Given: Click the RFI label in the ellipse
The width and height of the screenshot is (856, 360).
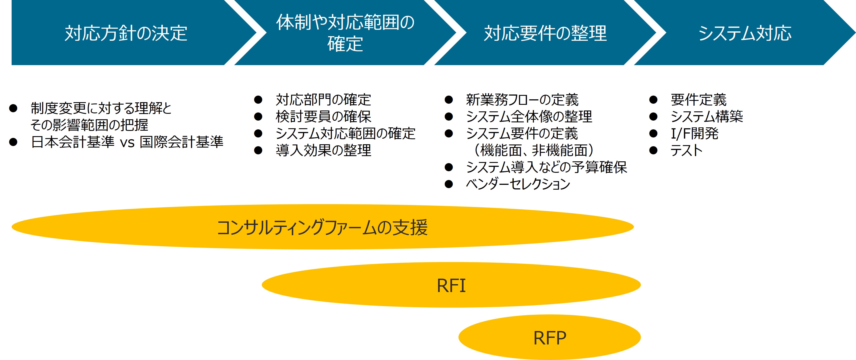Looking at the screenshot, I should tap(451, 285).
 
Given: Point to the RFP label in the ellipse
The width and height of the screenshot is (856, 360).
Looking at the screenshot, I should tap(550, 338).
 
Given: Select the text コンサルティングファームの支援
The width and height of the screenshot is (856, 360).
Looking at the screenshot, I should tap(322, 228).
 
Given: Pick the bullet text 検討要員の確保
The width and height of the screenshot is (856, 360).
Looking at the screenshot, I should tap(323, 117).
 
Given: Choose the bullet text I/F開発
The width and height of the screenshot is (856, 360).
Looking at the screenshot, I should tap(694, 134).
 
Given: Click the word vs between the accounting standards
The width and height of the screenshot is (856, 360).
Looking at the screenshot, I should tap(127, 143).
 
